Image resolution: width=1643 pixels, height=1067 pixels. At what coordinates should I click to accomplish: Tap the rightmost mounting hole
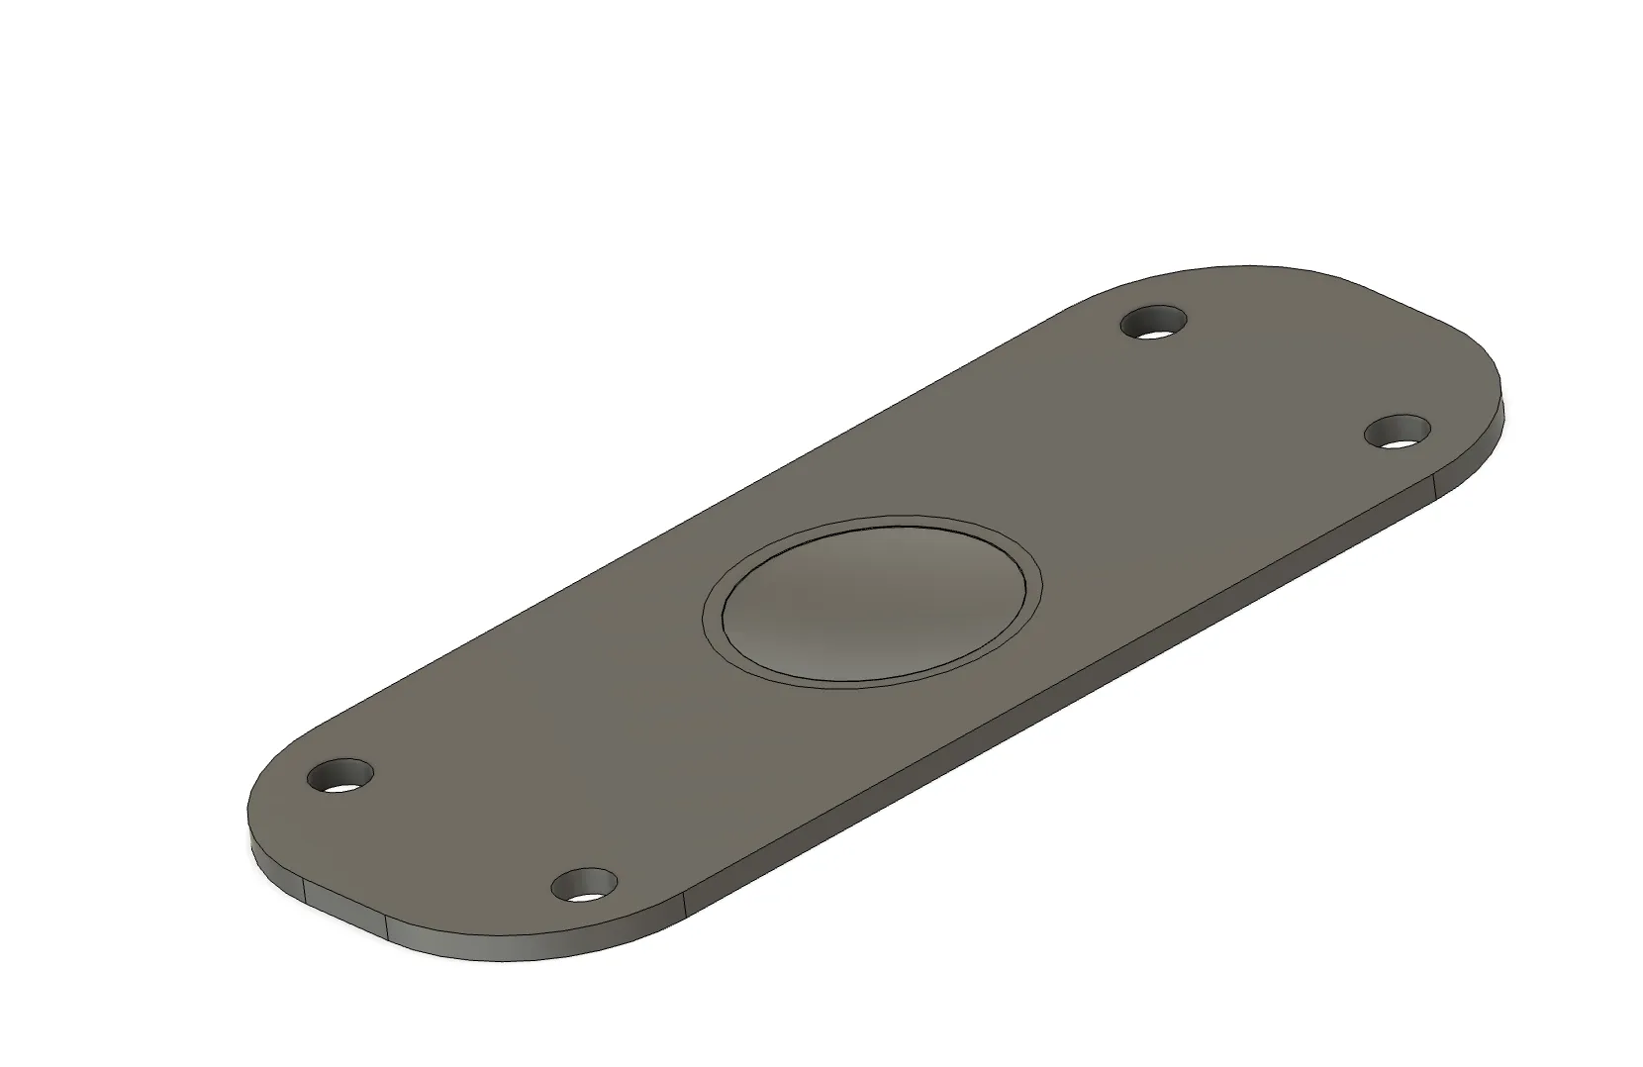[1398, 433]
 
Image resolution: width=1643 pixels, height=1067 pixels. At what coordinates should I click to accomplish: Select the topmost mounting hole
[1155, 324]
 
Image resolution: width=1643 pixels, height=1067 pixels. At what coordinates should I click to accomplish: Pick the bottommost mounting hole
[585, 884]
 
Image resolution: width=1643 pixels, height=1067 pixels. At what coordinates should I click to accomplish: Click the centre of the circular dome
[872, 601]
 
